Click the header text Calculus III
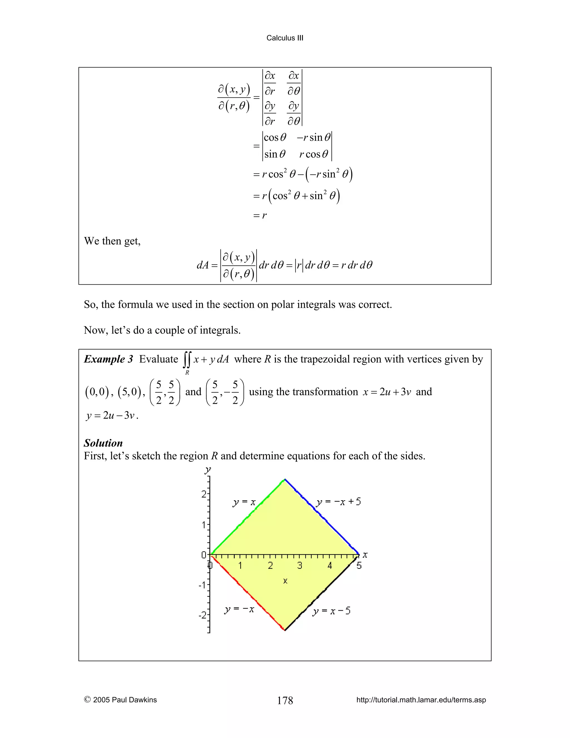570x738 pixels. [285, 38]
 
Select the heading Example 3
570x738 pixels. [108, 359]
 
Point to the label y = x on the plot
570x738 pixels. [244, 502]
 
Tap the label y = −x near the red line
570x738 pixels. [239, 609]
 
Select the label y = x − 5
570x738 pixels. [331, 611]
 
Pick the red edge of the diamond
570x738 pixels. [248, 593]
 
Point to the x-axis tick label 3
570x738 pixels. [299, 566]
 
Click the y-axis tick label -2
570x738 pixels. [202, 615]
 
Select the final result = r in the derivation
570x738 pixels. [260, 215]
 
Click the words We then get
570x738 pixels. [112, 241]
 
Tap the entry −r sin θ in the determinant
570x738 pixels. [314, 138]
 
